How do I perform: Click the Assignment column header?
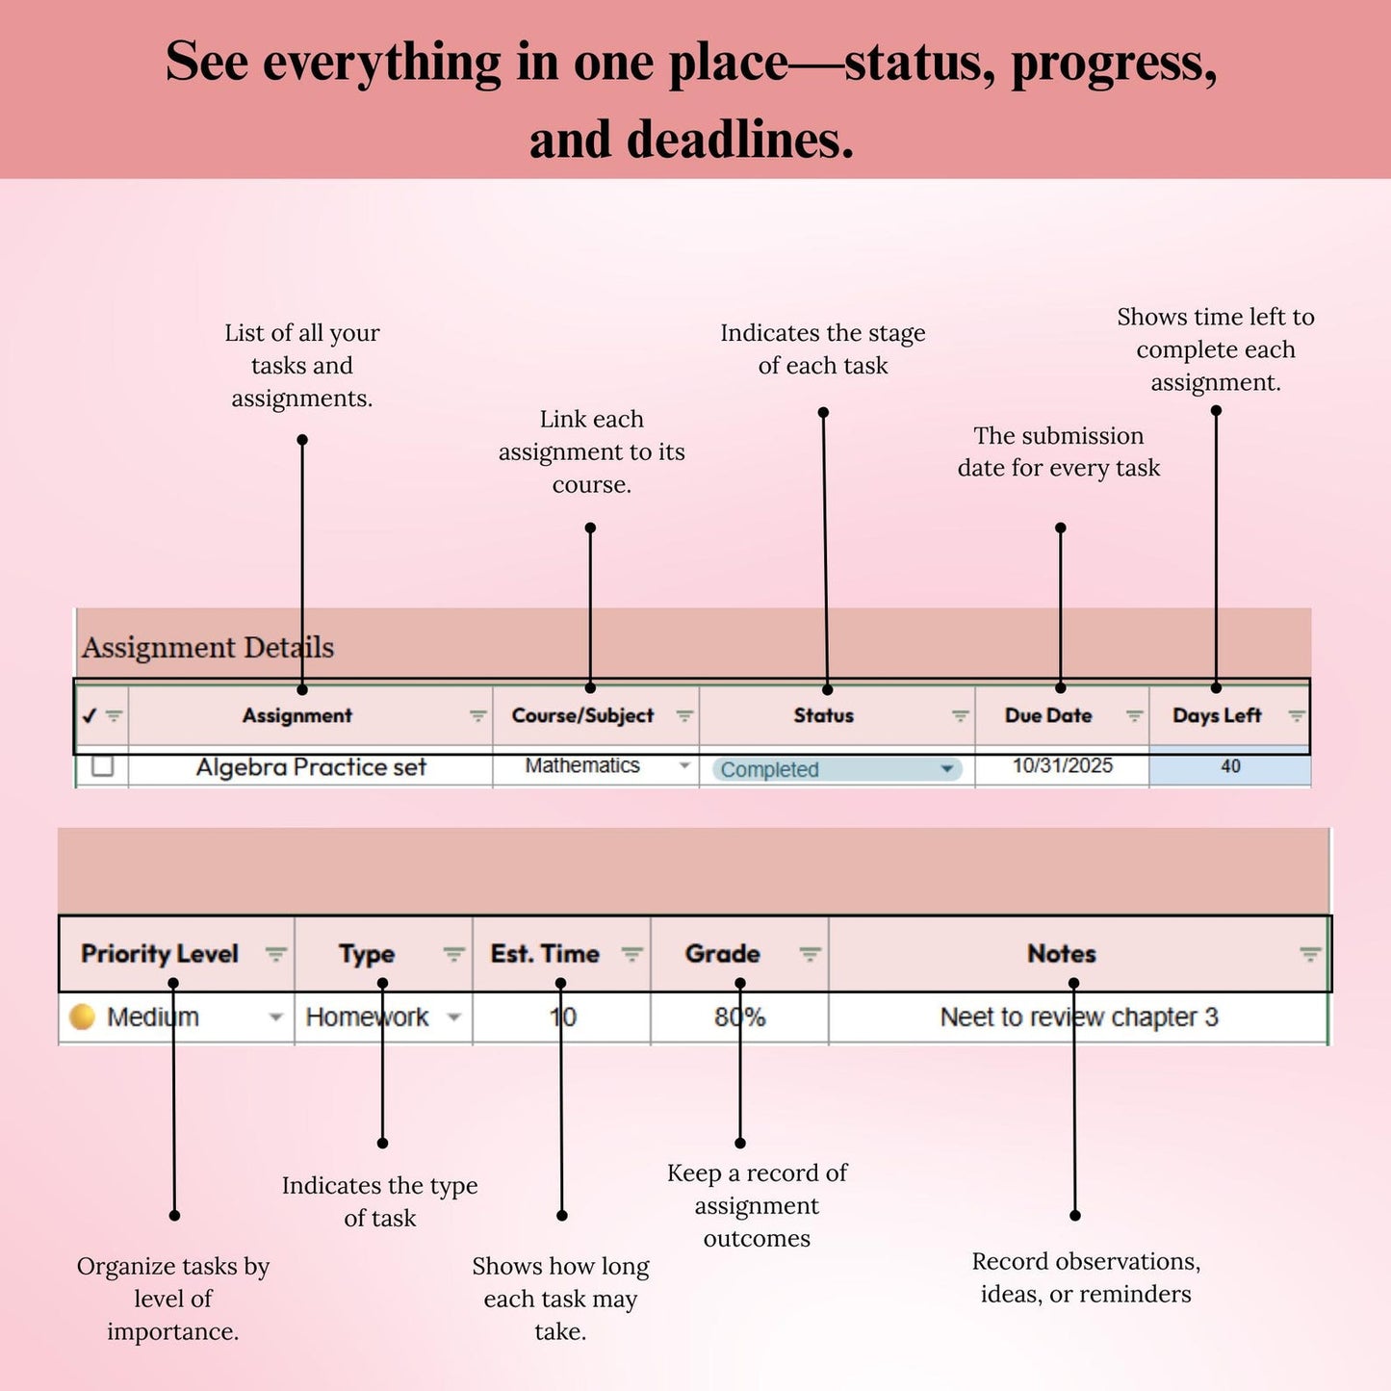tap(296, 715)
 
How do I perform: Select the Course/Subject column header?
tap(582, 715)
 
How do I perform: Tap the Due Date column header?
tap(1048, 715)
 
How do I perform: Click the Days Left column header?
tap(1217, 715)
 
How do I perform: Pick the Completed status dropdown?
tap(837, 769)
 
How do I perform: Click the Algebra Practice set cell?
tap(311, 766)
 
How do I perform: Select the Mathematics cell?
tap(582, 765)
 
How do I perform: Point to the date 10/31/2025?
tap(1063, 765)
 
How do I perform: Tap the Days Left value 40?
tap(1231, 766)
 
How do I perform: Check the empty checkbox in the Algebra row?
tap(102, 765)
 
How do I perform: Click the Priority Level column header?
tap(160, 954)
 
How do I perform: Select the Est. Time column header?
tap(545, 954)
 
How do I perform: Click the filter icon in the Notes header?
tap(1309, 954)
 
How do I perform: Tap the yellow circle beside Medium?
tap(82, 1017)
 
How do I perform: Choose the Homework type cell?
tap(367, 1017)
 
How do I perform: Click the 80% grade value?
tap(740, 1017)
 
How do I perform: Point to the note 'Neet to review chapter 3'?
tap(1079, 1017)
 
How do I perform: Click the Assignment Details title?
tap(208, 648)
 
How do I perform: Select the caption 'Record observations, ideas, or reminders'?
tap(1086, 1277)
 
